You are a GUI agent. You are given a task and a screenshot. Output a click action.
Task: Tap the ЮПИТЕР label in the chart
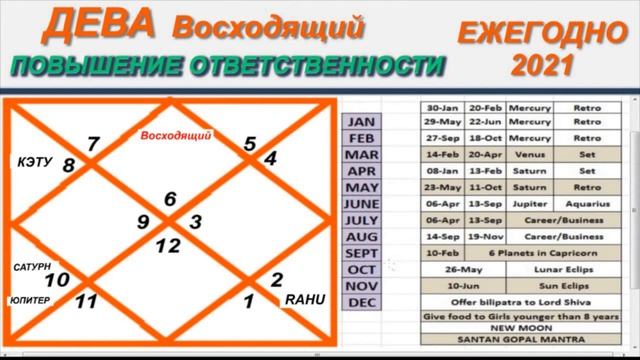point(31,298)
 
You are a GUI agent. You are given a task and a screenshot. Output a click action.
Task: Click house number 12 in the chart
point(168,244)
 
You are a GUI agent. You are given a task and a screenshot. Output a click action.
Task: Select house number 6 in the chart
point(171,199)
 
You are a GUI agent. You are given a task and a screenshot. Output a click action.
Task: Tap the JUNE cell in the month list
point(361,203)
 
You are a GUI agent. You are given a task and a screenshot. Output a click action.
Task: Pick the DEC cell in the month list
point(361,302)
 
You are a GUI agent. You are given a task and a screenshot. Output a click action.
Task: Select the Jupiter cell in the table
point(522,202)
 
